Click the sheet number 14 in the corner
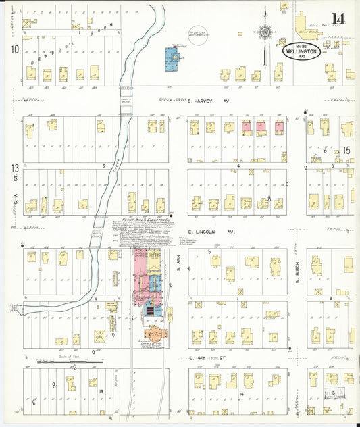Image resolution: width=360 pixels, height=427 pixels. pos(336,18)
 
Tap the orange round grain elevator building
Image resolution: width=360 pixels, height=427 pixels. pos(155,332)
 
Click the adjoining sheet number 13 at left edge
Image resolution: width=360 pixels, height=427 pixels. pos(14,167)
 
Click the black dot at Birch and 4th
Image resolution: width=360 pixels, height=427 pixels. pos(289,349)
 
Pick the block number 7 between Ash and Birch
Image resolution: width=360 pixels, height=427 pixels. pos(238,297)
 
